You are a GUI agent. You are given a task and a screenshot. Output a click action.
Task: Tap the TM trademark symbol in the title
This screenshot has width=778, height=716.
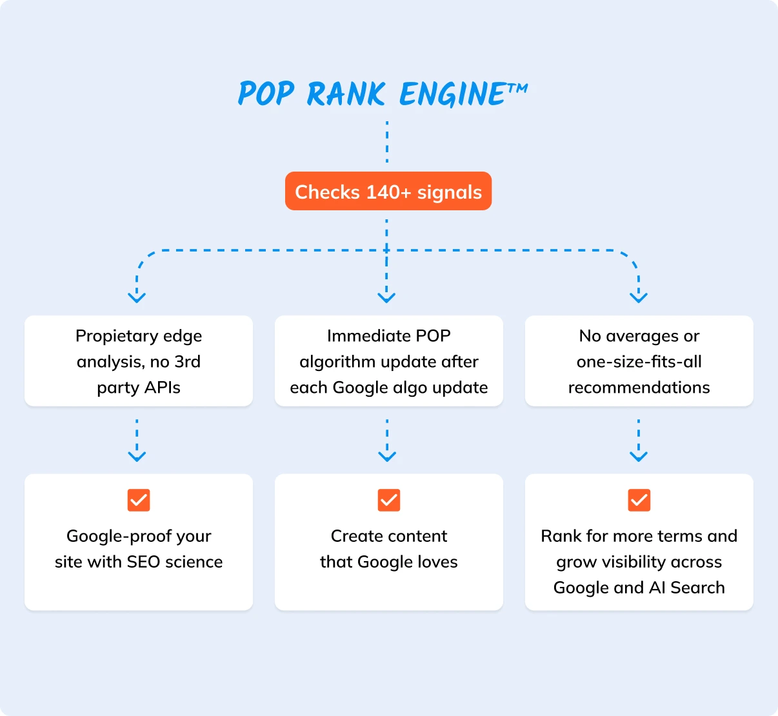point(517,88)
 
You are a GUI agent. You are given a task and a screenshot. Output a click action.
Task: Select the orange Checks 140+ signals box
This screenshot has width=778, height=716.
point(388,192)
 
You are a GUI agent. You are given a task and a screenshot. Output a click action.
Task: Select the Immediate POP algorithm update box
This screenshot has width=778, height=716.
point(389,361)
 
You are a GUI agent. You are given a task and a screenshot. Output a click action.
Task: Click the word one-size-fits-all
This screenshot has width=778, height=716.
point(639,362)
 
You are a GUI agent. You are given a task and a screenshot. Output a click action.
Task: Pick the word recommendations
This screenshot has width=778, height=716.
point(639,388)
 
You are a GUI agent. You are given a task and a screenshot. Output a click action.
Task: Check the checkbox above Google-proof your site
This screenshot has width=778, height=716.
point(139,500)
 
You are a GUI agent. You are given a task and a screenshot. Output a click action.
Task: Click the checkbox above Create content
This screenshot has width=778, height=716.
point(389,500)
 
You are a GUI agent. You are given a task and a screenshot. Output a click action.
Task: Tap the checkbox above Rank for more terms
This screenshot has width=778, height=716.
point(639,500)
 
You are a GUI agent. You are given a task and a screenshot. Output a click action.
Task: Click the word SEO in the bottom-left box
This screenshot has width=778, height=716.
point(143,562)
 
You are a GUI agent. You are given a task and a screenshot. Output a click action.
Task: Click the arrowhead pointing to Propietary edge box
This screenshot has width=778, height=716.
point(137,297)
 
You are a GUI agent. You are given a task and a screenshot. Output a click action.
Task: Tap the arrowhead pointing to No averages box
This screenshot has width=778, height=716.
point(639,297)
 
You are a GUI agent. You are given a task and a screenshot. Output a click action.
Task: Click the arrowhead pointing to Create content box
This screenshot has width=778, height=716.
point(387,456)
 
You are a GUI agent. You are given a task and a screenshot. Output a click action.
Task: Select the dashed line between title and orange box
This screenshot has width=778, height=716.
point(387,142)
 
